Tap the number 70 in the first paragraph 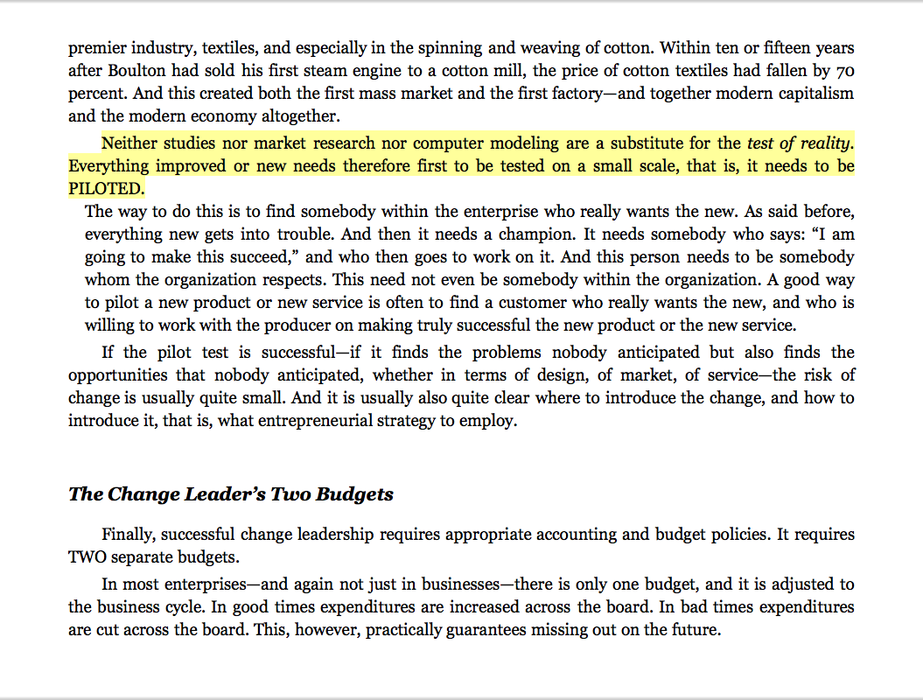pyautogui.click(x=844, y=70)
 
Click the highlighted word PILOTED pyautogui.click(x=106, y=189)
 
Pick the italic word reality pyautogui.click(x=823, y=143)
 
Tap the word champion pyautogui.click(x=534, y=234)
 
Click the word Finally pyautogui.click(x=129, y=534)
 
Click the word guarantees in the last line pyautogui.click(x=451, y=630)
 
